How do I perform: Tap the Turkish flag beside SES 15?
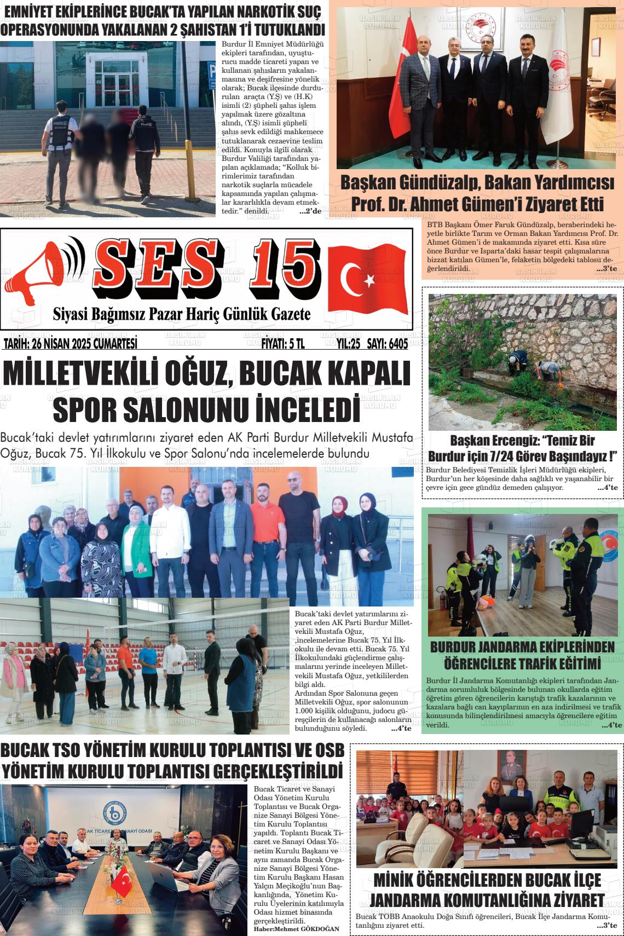tap(367, 280)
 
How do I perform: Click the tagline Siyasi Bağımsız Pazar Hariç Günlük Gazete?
tap(181, 314)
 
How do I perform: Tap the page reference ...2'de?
tap(310, 211)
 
